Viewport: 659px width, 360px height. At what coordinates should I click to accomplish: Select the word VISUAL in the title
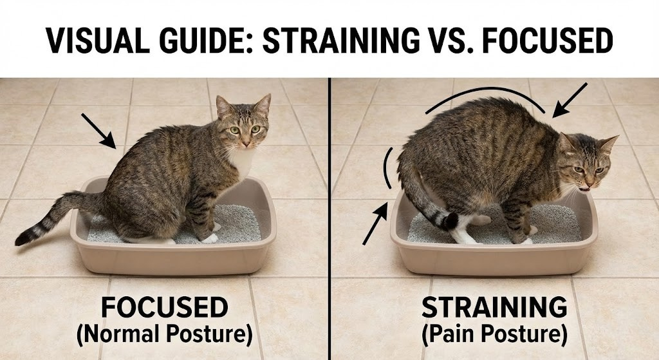click(x=90, y=42)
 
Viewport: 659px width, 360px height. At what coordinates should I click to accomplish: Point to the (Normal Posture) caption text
click(x=164, y=336)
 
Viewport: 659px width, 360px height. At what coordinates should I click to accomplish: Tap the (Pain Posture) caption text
click(x=494, y=336)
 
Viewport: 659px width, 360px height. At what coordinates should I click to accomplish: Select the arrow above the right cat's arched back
click(x=570, y=100)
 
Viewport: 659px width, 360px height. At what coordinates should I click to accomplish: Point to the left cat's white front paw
click(x=210, y=238)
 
